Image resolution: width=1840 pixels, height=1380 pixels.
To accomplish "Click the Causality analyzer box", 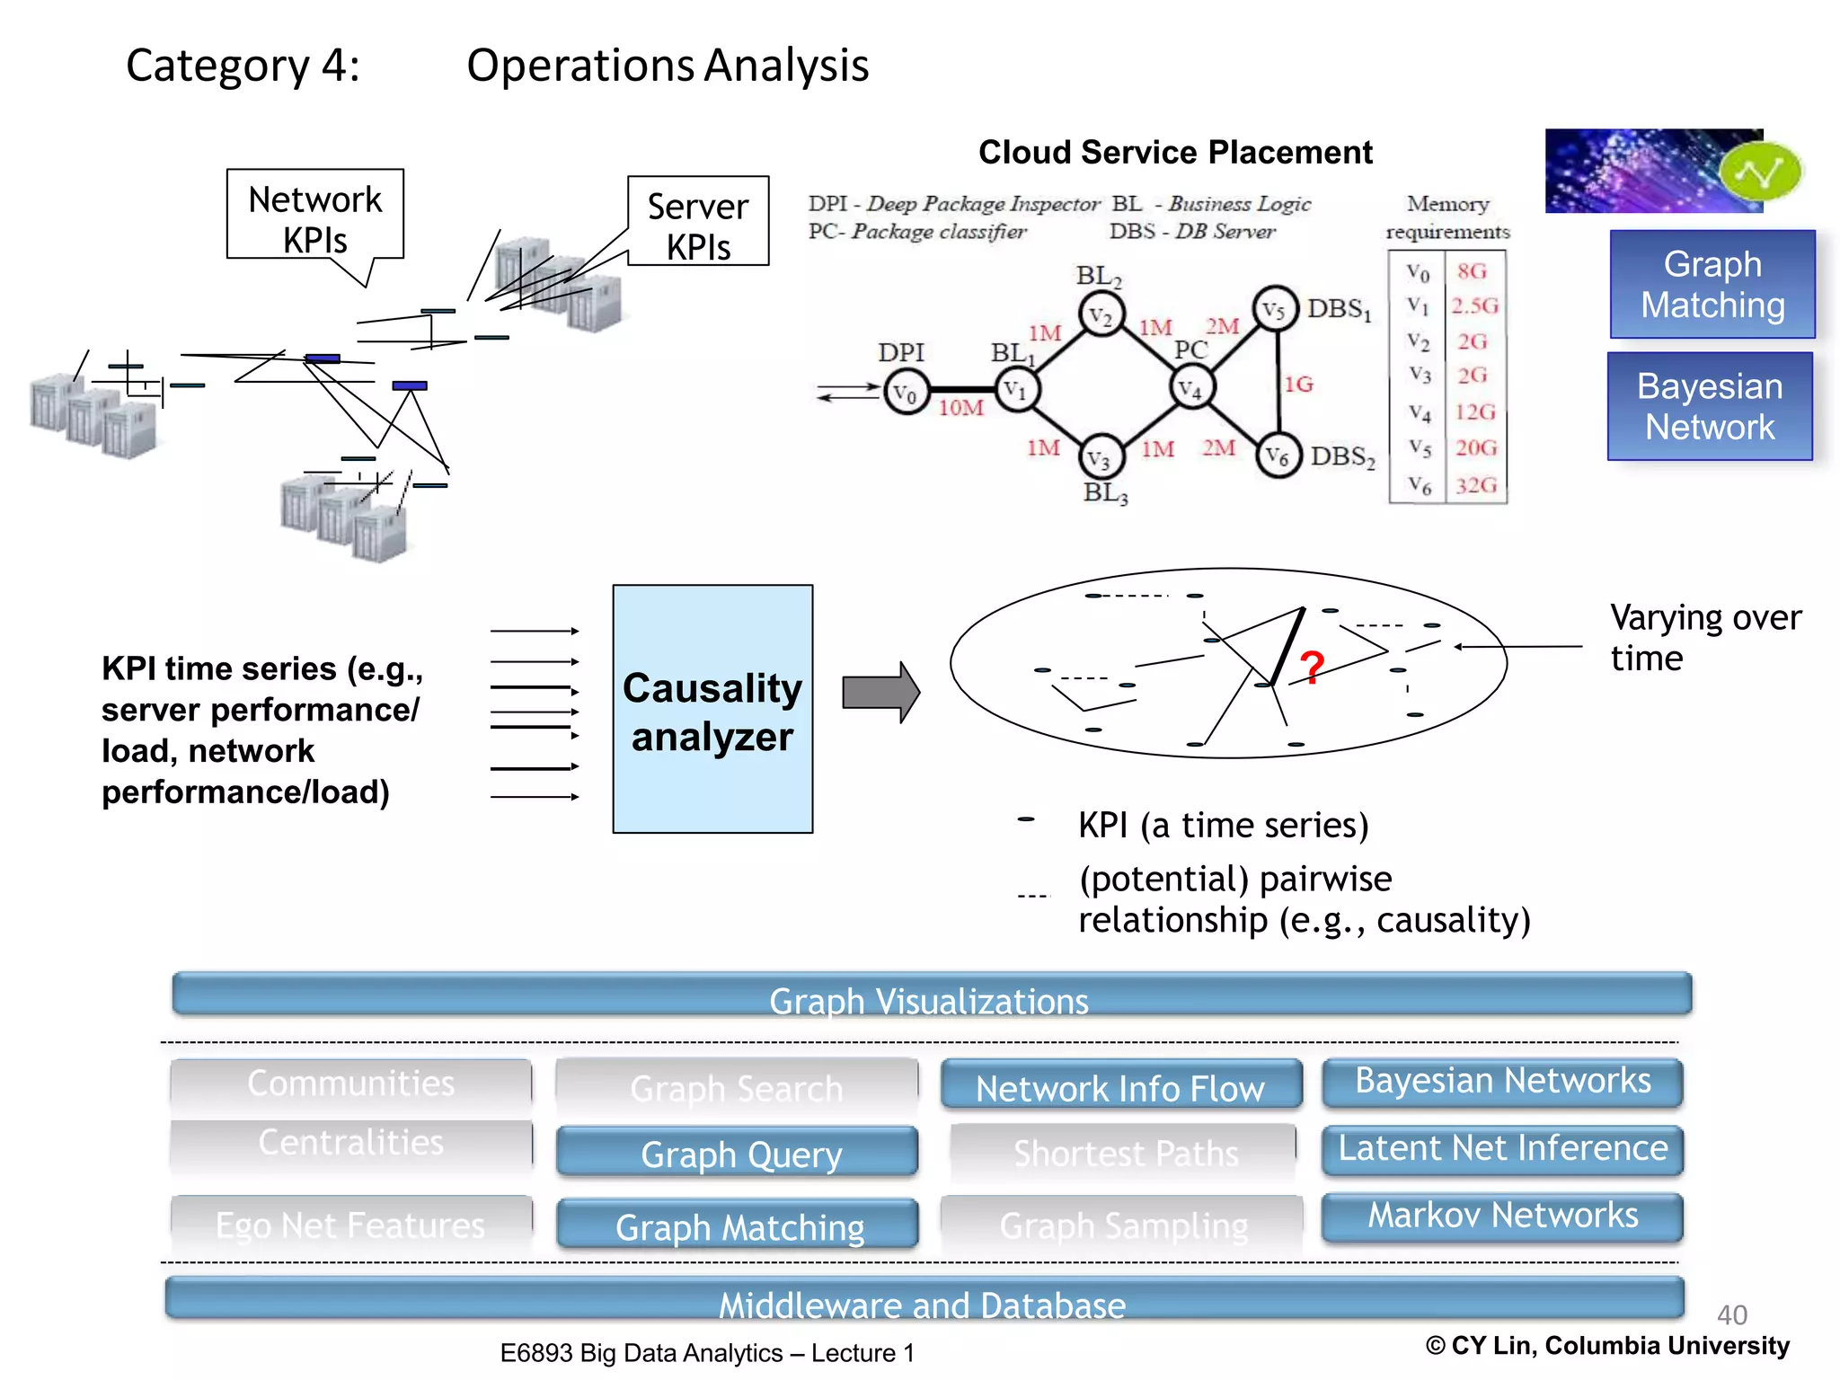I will (712, 709).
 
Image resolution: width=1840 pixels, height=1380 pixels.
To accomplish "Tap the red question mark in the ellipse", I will (1312, 668).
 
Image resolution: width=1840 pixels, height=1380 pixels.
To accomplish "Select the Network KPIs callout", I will (314, 217).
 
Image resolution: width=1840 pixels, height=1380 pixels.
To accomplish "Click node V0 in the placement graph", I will (906, 393).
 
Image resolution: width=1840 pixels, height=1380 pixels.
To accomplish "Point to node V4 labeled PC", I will (1192, 388).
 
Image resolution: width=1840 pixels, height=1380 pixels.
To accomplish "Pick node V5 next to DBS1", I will (1275, 309).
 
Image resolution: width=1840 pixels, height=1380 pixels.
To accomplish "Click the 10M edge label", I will (960, 409).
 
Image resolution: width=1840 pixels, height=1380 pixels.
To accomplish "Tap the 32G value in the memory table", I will (1476, 485).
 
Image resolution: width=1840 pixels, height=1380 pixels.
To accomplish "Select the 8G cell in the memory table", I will (1472, 270).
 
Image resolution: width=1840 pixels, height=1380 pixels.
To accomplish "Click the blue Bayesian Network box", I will (1710, 407).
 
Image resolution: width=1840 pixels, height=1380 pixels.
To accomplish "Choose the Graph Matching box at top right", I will (1712, 284).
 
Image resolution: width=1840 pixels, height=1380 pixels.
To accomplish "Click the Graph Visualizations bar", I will (931, 995).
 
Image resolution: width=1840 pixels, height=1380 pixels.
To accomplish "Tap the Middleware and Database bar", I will (924, 1300).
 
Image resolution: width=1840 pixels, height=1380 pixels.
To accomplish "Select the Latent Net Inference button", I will (1502, 1149).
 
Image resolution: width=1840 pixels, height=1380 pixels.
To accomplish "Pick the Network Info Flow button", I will (1120, 1085).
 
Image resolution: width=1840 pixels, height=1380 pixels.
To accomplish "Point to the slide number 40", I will (1731, 1314).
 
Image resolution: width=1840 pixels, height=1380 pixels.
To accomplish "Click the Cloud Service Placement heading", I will (1175, 153).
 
